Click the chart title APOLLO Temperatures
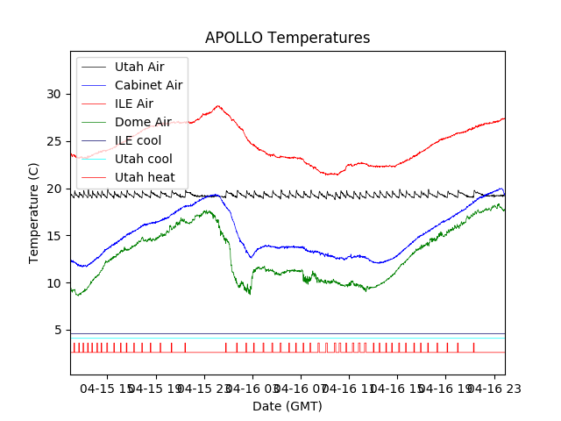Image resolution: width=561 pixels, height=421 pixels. pos(288,38)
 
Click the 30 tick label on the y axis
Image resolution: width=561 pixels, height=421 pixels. pos(54,94)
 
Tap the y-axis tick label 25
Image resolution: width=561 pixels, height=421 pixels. pos(54,141)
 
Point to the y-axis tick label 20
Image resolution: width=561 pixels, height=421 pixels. pos(54,189)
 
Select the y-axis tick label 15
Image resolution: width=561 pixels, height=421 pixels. pos(54,236)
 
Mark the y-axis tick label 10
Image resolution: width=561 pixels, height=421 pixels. pos(54,283)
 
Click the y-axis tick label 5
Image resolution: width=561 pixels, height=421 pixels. pos(58,331)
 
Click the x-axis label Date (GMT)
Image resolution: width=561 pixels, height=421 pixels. pos(288,406)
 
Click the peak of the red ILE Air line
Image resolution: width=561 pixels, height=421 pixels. pos(218,106)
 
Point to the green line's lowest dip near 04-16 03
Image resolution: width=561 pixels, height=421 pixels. pos(250,293)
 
